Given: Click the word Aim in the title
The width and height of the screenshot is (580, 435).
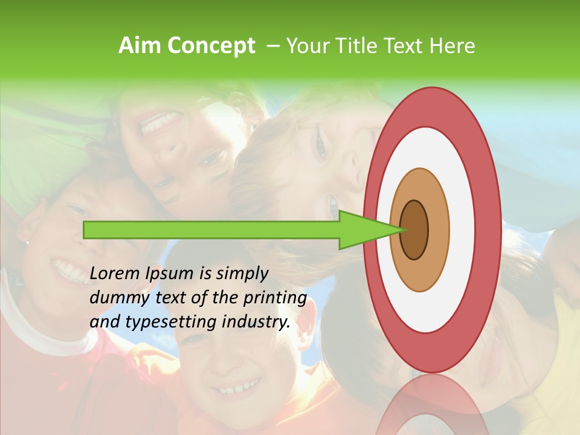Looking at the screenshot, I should point(140,46).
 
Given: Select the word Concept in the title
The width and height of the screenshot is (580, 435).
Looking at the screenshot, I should point(211,46).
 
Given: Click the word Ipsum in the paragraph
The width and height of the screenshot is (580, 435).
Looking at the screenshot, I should point(171,274).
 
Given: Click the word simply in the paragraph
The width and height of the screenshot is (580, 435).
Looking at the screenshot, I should point(242,274).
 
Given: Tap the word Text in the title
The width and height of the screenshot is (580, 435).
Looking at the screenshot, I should point(404,46).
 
